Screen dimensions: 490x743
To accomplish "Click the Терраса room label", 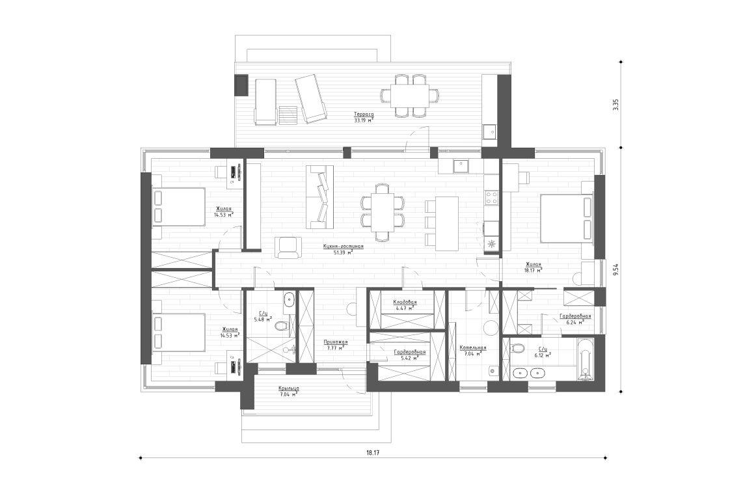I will pos(364,114).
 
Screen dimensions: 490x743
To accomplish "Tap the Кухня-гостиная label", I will pos(343,247).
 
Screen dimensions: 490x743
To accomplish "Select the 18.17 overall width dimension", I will pos(372,452).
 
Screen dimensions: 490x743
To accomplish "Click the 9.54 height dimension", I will pos(615,269).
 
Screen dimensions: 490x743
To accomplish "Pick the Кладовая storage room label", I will pos(404,303).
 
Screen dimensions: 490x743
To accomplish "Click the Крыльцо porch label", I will pos(288,388).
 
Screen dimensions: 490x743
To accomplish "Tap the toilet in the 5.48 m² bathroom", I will pos(281,326).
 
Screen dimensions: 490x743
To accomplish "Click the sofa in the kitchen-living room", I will pos(319,197).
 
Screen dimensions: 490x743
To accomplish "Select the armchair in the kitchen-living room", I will pos(288,247).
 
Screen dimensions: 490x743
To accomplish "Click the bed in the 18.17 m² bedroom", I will pos(565,218).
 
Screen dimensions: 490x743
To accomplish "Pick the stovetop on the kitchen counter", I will pos(491,197).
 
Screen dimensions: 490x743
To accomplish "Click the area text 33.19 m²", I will pos(363,120).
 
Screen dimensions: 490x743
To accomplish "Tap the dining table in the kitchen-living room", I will pos(383,210).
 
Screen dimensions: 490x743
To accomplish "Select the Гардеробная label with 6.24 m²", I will pos(575,316).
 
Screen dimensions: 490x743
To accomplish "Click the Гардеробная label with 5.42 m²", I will pos(409,352).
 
